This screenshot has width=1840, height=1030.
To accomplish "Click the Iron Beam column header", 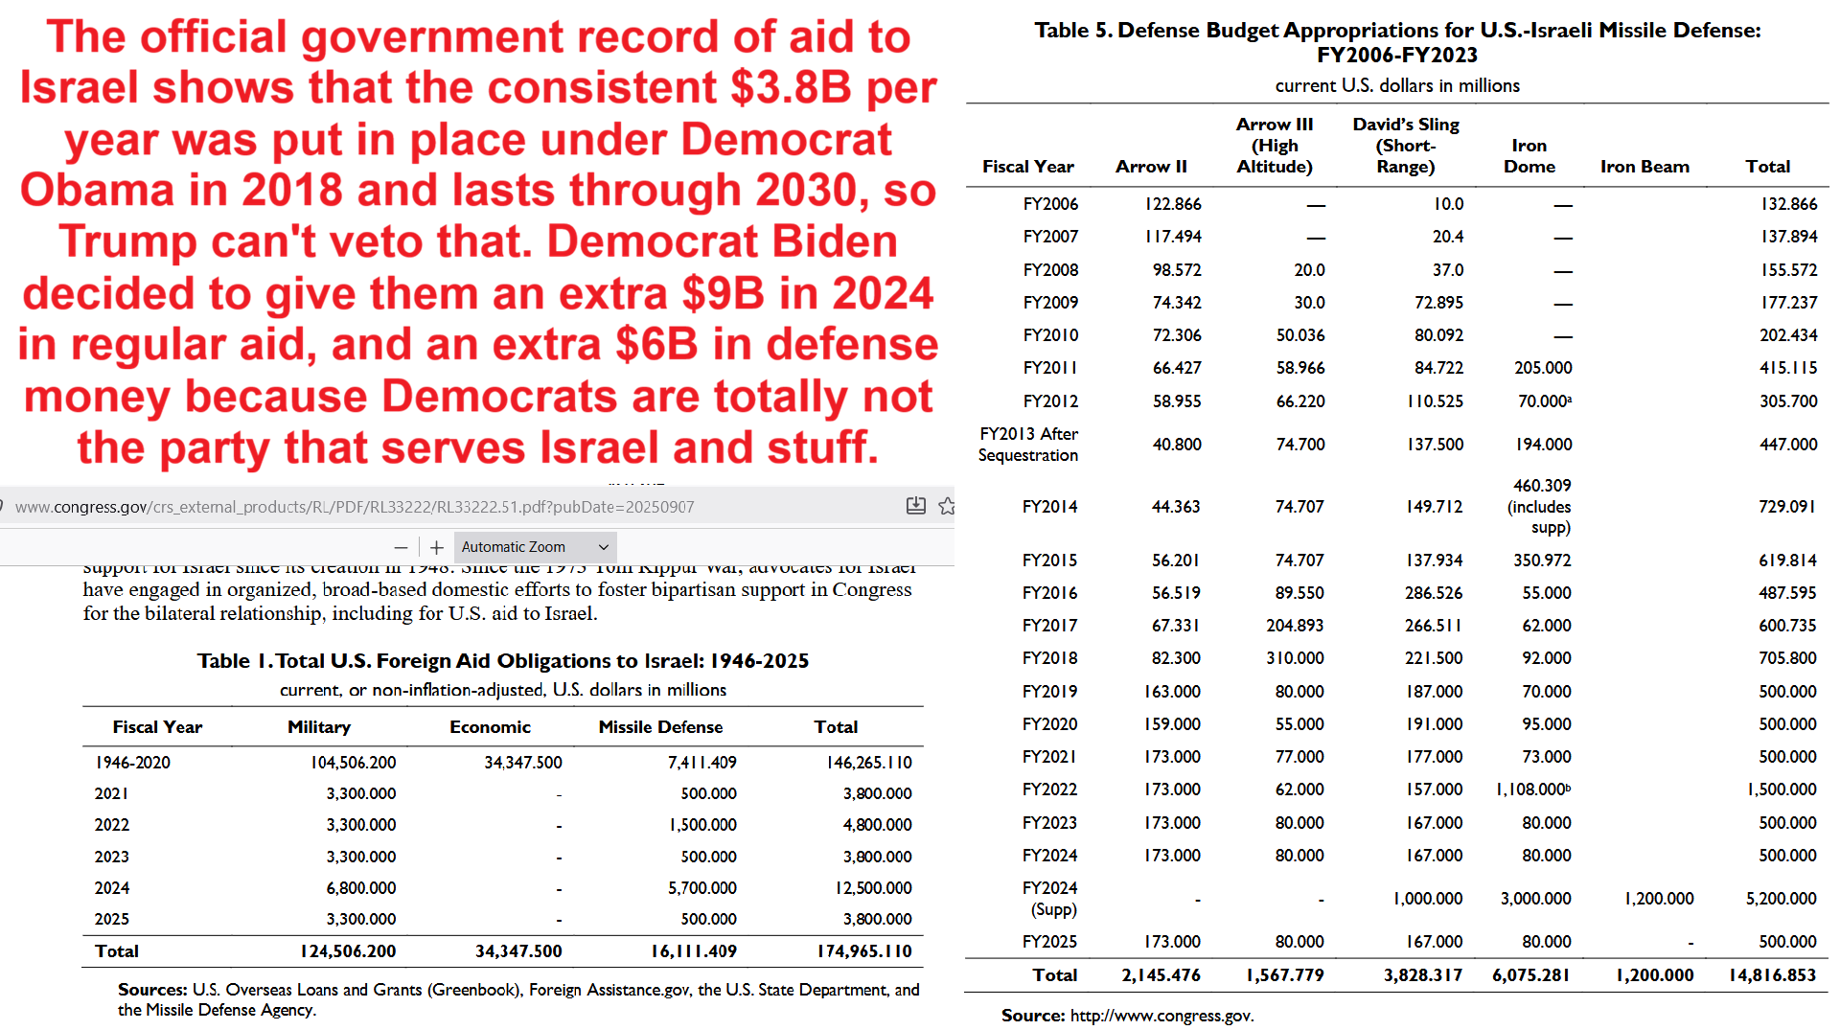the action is [x=1644, y=167].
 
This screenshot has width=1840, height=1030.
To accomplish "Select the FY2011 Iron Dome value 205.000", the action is [x=1543, y=368].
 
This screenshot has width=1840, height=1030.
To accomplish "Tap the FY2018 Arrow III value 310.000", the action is [x=1295, y=658].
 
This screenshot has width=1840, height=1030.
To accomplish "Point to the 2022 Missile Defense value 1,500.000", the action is [x=702, y=825].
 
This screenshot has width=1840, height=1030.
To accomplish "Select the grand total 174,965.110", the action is [x=864, y=951].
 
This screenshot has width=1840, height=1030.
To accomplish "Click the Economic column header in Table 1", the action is [x=490, y=727].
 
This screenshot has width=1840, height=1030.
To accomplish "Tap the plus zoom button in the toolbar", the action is [x=437, y=547].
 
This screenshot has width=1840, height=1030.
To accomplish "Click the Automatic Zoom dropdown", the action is [x=535, y=547].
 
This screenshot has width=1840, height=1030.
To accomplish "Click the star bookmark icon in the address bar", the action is [x=947, y=506].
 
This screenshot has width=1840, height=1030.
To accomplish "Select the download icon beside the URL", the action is [x=916, y=506].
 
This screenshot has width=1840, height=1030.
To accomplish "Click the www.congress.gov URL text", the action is [x=355, y=507].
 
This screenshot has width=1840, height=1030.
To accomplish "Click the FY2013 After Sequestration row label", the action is [x=1028, y=445].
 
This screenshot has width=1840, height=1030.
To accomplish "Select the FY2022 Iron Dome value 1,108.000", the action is [x=1533, y=790].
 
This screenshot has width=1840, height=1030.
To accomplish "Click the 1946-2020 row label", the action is [x=132, y=763].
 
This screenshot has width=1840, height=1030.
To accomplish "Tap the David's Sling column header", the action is [x=1406, y=146].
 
